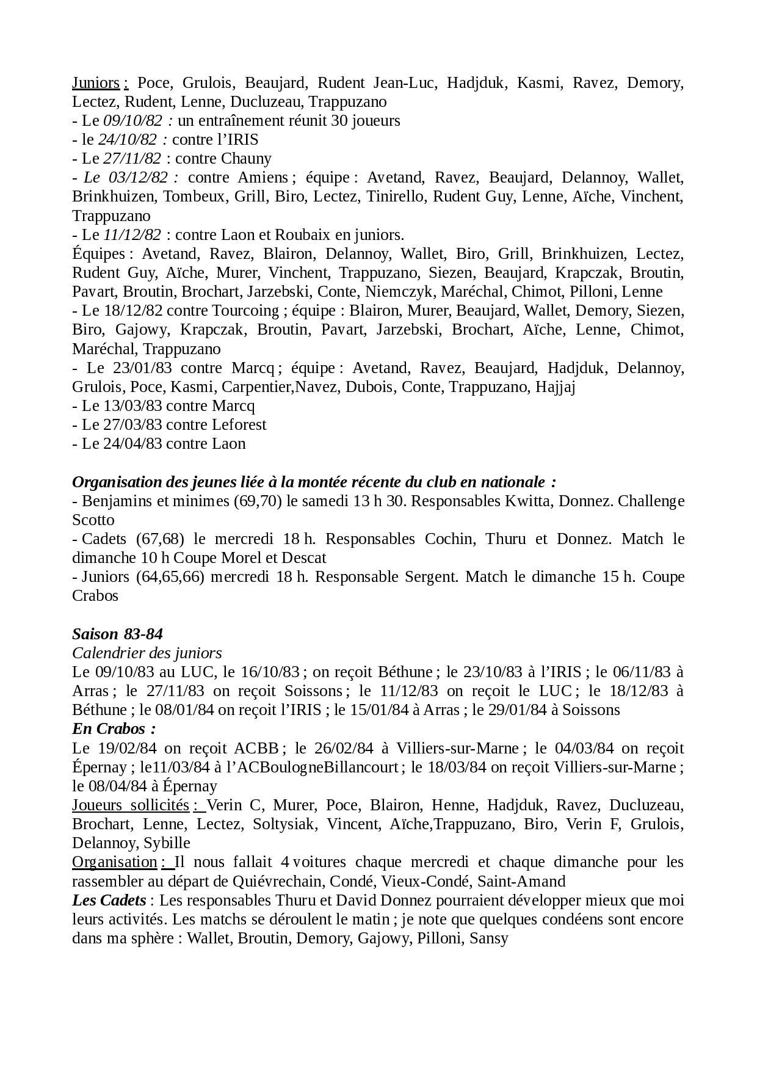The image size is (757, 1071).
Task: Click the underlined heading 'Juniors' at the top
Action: [x=96, y=82]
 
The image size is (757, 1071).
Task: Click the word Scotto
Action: [x=93, y=520]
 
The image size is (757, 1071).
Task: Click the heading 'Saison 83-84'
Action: [x=117, y=633]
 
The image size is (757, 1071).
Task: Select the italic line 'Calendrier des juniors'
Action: [x=147, y=652]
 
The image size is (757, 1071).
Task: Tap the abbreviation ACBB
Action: [x=256, y=747]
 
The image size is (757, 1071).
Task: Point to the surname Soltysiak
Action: [x=282, y=824]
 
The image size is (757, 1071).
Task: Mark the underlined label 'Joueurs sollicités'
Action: [x=131, y=805]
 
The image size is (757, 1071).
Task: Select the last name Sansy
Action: [x=489, y=938]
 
